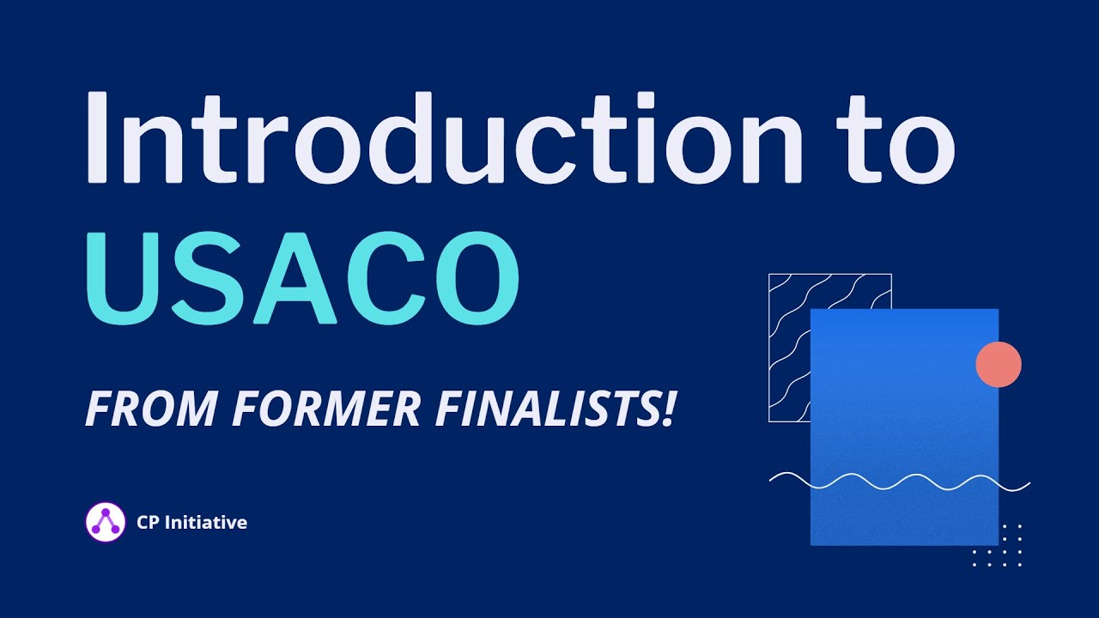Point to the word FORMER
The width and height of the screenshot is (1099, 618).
pyautogui.click(x=326, y=410)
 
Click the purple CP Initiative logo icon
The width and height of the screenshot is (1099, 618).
pyautogui.click(x=106, y=521)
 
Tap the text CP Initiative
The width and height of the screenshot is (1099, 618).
pyautogui.click(x=191, y=522)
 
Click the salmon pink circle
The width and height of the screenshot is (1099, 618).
pyautogui.click(x=999, y=364)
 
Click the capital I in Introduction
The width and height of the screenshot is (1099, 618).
pyautogui.click(x=96, y=137)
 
